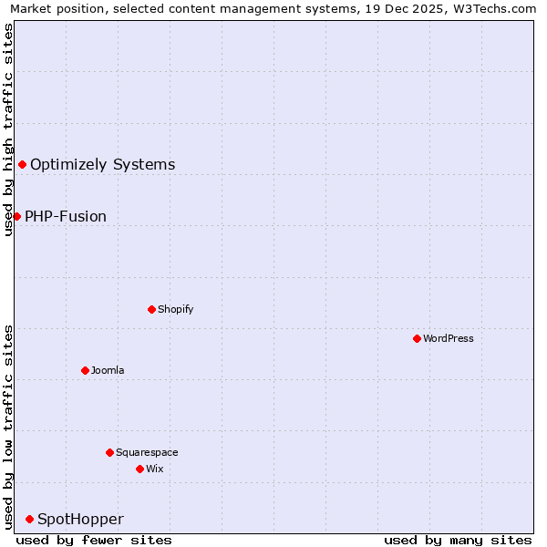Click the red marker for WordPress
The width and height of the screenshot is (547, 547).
click(417, 338)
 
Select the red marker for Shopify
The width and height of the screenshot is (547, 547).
click(151, 309)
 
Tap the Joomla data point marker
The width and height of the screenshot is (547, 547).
click(85, 370)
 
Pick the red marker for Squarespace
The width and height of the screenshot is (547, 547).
click(109, 452)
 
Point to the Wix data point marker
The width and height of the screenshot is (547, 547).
click(139, 469)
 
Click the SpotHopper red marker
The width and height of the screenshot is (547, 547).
click(29, 519)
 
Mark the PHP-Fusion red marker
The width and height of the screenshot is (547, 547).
click(16, 216)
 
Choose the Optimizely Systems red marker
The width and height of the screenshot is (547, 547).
click(22, 164)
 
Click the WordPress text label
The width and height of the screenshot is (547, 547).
click(449, 338)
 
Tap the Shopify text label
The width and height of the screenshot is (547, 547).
click(176, 309)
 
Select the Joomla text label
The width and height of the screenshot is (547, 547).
click(108, 370)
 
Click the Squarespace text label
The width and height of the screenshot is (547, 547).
click(147, 452)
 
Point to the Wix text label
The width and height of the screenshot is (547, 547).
click(155, 469)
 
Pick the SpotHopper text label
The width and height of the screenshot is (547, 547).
click(80, 519)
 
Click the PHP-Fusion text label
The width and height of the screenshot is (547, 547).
click(66, 216)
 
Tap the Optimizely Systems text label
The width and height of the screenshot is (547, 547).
click(103, 164)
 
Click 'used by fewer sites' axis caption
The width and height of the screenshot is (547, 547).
click(94, 540)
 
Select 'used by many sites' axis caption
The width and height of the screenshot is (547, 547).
click(458, 540)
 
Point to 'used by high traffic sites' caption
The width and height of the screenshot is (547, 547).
click(8, 130)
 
